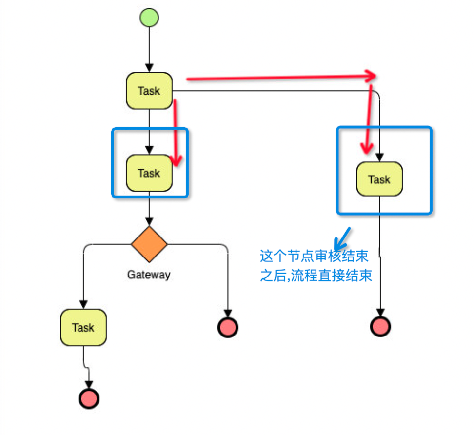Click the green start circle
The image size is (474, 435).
[x=149, y=18]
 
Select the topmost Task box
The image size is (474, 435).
[x=149, y=91]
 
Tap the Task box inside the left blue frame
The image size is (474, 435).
[x=149, y=173]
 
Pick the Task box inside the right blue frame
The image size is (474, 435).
[x=379, y=179]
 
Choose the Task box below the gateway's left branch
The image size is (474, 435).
[x=83, y=327]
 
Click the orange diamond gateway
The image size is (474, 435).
[x=149, y=244]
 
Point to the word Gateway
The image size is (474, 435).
[x=149, y=275]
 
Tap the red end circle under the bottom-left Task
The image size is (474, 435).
[x=88, y=398]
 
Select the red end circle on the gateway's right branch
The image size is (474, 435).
[x=227, y=327]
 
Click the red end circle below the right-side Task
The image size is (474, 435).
[x=380, y=326]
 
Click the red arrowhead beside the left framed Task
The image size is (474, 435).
[x=176, y=160]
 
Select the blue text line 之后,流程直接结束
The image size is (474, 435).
[x=316, y=276]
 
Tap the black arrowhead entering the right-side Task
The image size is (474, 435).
[x=379, y=158]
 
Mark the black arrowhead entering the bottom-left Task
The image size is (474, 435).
[x=83, y=305]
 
